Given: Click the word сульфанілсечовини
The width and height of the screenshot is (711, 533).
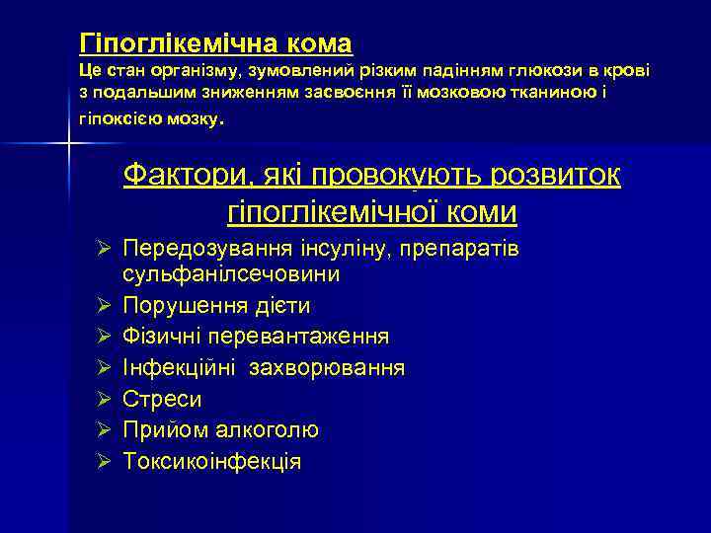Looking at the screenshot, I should pos(232,272).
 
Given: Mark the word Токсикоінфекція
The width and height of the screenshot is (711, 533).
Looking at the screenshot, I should pos(212,461).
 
